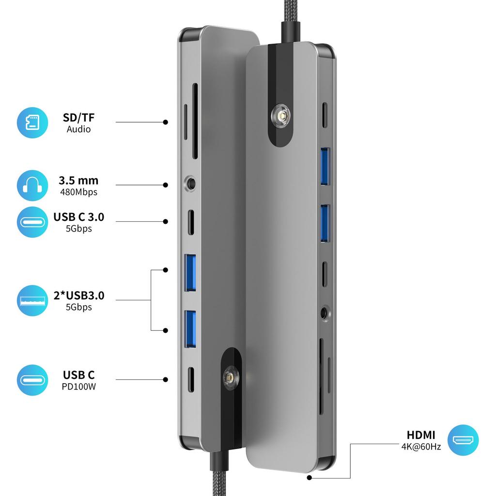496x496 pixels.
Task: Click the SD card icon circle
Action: [x=32, y=123]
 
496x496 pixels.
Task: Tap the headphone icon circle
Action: [x=32, y=185]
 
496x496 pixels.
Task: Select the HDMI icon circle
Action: [x=463, y=440]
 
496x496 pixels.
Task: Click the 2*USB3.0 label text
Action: [x=78, y=295]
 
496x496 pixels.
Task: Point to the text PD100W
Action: [x=78, y=387]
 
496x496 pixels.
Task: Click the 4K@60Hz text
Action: [x=421, y=447]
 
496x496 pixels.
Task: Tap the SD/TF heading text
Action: [x=78, y=117]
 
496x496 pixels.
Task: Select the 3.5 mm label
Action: [x=78, y=181]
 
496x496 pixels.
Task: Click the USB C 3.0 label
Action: [x=78, y=217]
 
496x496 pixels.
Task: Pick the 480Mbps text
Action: [x=78, y=192]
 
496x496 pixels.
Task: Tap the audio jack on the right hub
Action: [x=324, y=312]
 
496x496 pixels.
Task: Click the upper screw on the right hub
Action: [x=280, y=118]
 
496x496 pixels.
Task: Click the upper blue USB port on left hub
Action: [x=190, y=273]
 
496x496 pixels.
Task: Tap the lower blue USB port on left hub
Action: [x=190, y=329]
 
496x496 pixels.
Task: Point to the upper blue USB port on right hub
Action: [x=325, y=166]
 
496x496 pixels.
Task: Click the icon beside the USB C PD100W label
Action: [x=32, y=380]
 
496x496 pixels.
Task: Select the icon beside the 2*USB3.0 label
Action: [x=32, y=300]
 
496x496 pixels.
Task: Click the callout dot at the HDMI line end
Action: [x=309, y=478]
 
